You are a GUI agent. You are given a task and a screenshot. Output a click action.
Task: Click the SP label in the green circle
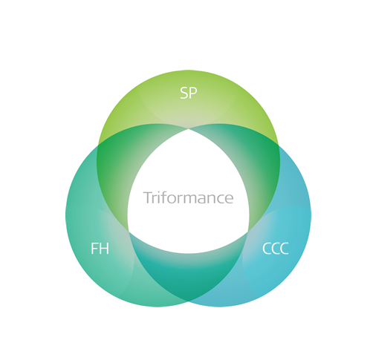[x=189, y=93]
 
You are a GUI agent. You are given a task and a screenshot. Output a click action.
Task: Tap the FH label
[x=100, y=249]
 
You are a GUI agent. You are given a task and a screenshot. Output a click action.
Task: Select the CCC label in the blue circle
[x=275, y=249]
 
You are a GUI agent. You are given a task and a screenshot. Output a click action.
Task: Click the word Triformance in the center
[x=188, y=197]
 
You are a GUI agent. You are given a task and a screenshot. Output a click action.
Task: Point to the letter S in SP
[x=184, y=93]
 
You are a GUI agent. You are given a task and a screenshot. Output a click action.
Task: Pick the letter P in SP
[x=193, y=93]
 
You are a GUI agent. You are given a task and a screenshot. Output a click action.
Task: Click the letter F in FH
[x=94, y=249]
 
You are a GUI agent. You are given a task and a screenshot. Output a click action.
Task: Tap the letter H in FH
[x=104, y=249]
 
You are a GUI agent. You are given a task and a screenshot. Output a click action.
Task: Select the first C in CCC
[x=266, y=249]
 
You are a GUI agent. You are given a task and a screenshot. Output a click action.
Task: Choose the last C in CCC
[x=285, y=249]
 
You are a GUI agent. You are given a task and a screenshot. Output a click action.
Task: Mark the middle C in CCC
[x=275, y=249]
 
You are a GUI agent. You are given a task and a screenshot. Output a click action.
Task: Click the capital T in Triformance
[x=148, y=197]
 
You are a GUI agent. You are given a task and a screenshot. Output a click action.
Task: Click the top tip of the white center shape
[x=188, y=128]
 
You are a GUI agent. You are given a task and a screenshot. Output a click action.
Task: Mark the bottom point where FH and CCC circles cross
[x=188, y=301]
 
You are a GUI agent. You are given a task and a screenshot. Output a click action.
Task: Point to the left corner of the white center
[x=129, y=232]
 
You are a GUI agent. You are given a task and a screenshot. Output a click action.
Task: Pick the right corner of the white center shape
[x=248, y=232]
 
